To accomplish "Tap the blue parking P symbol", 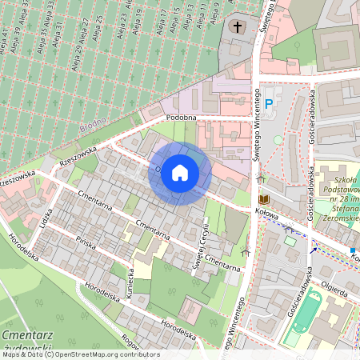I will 269,102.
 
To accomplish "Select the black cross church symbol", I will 237,27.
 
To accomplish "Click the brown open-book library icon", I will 264,198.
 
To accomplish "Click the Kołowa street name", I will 266,214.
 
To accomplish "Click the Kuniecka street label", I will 129,281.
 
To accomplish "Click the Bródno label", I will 93,127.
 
